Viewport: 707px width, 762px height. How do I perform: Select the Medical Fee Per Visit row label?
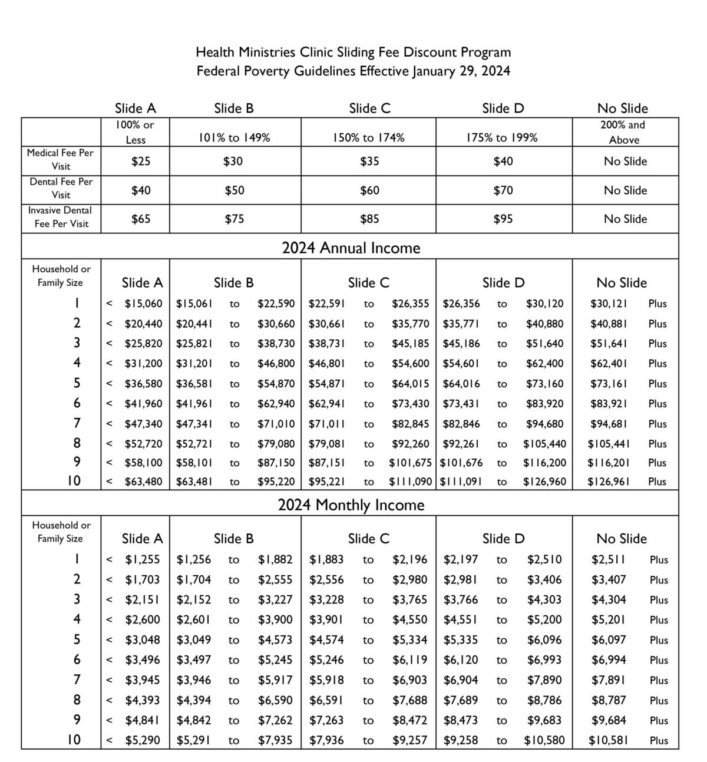pos(61,160)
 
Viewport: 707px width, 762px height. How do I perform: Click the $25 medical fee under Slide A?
pos(141,161)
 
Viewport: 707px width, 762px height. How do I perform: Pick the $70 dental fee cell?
pos(503,190)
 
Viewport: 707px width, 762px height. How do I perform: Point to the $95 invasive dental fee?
pos(503,219)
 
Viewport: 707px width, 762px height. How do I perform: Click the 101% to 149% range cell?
pos(234,137)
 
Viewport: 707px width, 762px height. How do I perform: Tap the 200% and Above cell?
pos(623,132)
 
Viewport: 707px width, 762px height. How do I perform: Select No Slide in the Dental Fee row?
pos(625,190)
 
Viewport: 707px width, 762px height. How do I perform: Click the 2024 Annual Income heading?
pos(351,248)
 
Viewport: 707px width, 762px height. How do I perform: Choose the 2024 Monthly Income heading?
pos(351,505)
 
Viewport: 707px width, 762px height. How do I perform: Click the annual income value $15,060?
pos(143,304)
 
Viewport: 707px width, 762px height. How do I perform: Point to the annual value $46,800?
pos(276,364)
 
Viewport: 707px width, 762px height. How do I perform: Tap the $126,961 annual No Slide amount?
pos(609,481)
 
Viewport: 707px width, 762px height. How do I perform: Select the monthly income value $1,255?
pos(143,560)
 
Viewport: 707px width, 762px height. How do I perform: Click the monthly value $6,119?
pos(410,660)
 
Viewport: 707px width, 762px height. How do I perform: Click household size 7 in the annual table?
pos(77,423)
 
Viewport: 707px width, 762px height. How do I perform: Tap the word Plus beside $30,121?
pos(658,304)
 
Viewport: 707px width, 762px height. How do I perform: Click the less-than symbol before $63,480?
pos(109,481)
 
